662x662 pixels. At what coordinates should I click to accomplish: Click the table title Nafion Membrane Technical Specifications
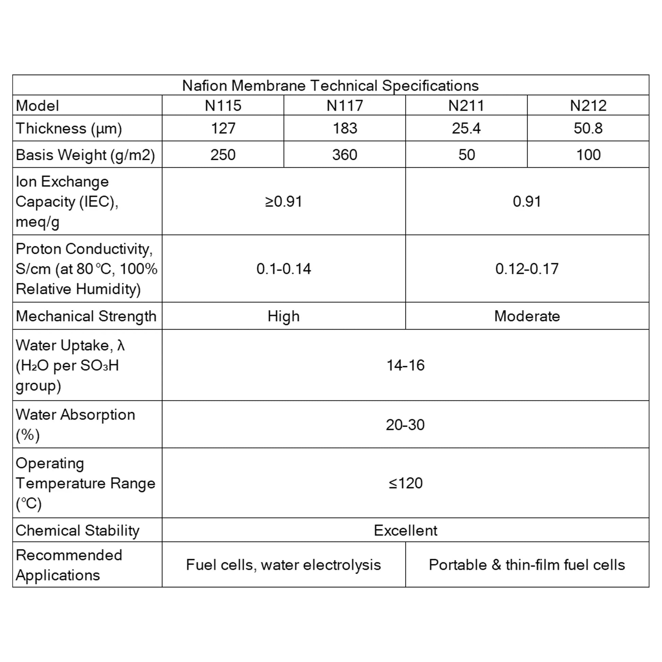tap(330, 85)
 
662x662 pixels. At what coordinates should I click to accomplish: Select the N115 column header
tap(223, 105)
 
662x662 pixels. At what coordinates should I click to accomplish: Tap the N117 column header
tap(344, 105)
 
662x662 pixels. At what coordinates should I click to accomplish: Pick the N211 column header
tap(466, 105)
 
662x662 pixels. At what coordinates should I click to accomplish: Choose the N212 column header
tap(588, 105)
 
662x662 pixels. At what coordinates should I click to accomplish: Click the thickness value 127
tap(223, 129)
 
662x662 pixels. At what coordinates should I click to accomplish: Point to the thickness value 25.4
tap(466, 129)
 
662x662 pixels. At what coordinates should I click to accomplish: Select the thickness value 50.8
tap(588, 129)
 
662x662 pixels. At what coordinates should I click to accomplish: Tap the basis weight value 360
tap(344, 155)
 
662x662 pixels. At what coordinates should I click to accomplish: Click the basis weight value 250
tap(223, 155)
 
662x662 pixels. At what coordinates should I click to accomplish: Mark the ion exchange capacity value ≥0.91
tap(283, 201)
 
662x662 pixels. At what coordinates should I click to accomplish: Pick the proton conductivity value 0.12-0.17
tap(527, 269)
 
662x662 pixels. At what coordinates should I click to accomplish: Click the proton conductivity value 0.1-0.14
tap(283, 269)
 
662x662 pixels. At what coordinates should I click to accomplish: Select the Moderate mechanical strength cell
tap(527, 316)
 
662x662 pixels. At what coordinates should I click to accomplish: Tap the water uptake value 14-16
tap(406, 365)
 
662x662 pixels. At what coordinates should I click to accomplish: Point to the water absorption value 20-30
tap(405, 425)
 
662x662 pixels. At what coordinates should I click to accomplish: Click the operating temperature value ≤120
tap(406, 483)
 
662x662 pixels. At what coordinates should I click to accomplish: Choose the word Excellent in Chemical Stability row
tap(406, 530)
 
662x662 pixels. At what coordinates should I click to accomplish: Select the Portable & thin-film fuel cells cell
tap(527, 565)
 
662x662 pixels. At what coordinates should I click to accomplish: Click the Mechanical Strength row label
tap(86, 316)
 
